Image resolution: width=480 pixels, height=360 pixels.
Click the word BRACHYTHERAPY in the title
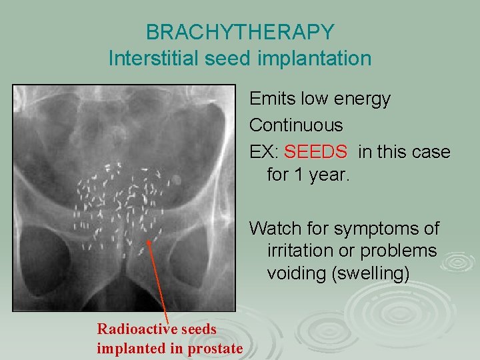pos(240,31)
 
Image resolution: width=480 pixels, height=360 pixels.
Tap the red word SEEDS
pos(315,152)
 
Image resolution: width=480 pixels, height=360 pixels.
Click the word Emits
pos(269,99)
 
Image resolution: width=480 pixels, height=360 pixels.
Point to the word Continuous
pos(296,125)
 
